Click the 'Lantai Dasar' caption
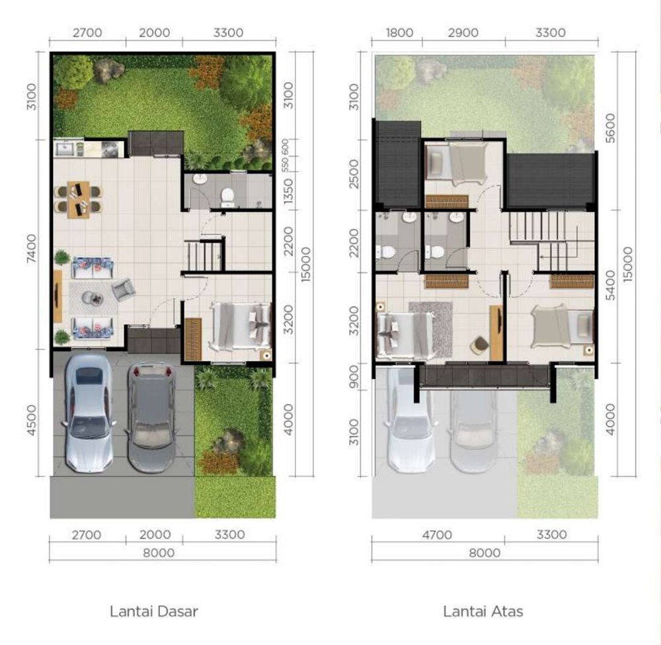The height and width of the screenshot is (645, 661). (154, 611)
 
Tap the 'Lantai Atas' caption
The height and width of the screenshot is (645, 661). (483, 611)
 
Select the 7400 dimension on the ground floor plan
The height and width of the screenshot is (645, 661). (32, 249)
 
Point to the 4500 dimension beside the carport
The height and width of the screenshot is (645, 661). (32, 419)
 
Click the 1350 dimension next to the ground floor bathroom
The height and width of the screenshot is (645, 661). (288, 191)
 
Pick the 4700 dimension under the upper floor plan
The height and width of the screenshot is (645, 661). (437, 535)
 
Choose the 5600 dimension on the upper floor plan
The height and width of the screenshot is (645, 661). (610, 128)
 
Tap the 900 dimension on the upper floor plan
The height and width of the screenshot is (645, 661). (354, 376)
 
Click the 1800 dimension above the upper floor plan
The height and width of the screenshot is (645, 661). (399, 32)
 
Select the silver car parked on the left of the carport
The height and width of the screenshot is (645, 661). (88, 413)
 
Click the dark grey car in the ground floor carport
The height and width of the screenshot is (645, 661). (151, 417)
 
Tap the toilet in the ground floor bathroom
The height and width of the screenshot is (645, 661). (227, 197)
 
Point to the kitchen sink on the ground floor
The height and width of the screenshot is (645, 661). (65, 149)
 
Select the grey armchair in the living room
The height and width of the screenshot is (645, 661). (124, 289)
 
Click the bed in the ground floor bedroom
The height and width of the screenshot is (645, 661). (240, 325)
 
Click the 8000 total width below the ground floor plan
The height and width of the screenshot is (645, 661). (159, 552)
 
